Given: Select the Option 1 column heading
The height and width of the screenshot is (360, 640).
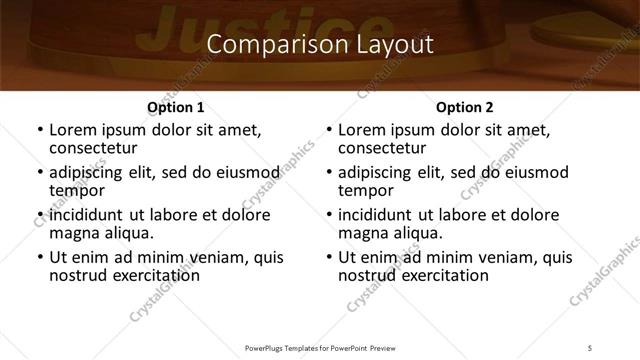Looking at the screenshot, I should pyautogui.click(x=175, y=107).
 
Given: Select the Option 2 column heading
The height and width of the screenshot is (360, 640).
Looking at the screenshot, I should pyautogui.click(x=464, y=107).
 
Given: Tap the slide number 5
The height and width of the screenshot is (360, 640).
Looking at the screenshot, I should pyautogui.click(x=589, y=347).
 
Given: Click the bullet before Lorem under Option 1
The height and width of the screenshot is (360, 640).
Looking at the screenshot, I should pyautogui.click(x=39, y=130).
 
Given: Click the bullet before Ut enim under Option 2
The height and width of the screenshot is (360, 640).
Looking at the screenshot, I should pyautogui.click(x=328, y=258).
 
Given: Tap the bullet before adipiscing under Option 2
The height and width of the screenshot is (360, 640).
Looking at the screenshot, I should pyautogui.click(x=328, y=173).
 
